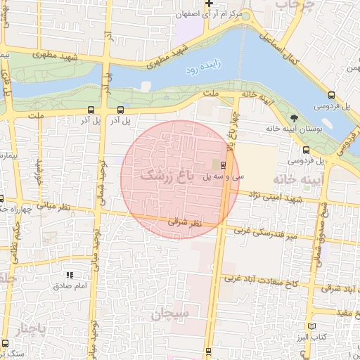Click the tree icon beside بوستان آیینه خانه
pyautogui.click(x=293, y=117)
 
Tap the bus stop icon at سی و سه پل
pyautogui.click(x=223, y=165)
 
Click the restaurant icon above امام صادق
pyautogui.click(x=69, y=276)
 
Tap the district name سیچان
pyautogui.click(x=184, y=315)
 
